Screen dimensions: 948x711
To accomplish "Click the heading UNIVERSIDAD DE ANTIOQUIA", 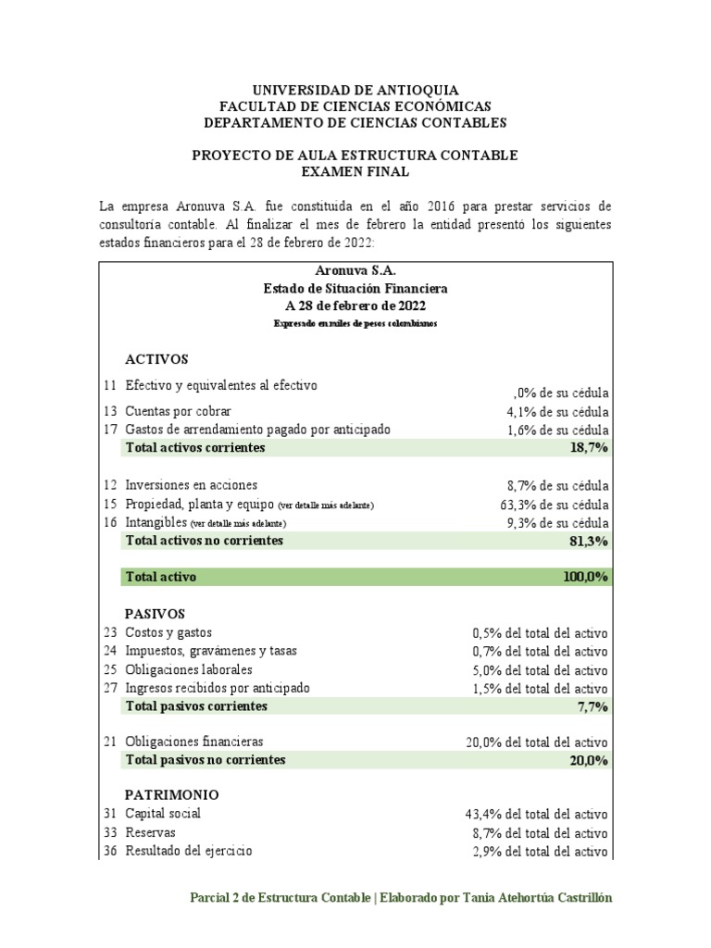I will point(355,90).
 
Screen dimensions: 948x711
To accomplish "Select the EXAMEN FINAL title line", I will point(355,171).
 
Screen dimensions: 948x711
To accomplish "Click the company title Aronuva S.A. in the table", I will point(356,271).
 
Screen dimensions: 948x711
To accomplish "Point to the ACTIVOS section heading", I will point(156,359).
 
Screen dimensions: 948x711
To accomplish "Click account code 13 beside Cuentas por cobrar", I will point(110,411).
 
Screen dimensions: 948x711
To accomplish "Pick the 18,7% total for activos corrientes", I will point(588,448).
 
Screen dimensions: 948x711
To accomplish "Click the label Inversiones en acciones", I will point(191,485).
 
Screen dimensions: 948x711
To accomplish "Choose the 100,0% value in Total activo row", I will point(584,577).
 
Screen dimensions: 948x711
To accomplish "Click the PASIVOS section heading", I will point(156,614).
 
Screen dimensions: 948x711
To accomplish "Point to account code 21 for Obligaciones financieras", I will point(110,742).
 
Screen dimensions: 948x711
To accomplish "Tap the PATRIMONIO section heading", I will point(172,794).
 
